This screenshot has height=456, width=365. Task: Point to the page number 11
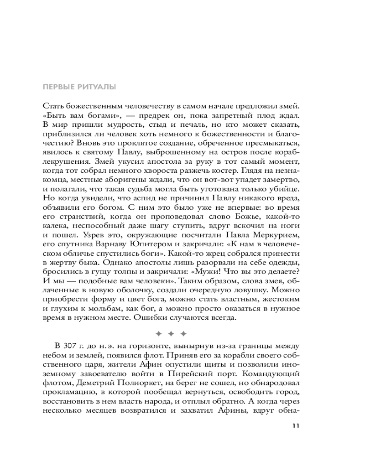[295, 426]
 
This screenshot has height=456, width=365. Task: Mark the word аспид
[133, 197]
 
